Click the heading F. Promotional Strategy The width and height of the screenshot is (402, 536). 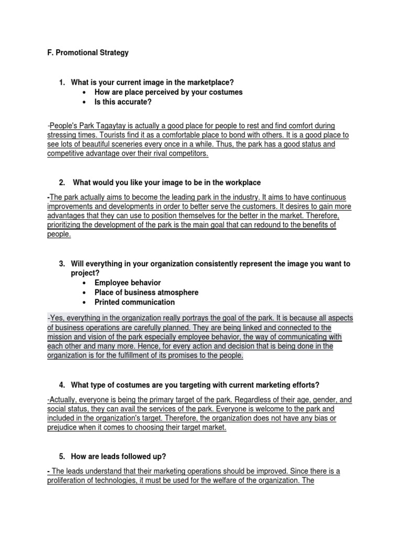87,53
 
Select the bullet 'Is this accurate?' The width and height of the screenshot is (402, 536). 123,102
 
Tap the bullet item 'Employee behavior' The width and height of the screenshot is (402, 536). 128,283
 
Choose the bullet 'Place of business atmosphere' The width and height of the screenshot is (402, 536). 147,293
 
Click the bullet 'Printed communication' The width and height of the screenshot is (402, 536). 135,303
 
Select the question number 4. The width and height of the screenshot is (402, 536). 62,385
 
